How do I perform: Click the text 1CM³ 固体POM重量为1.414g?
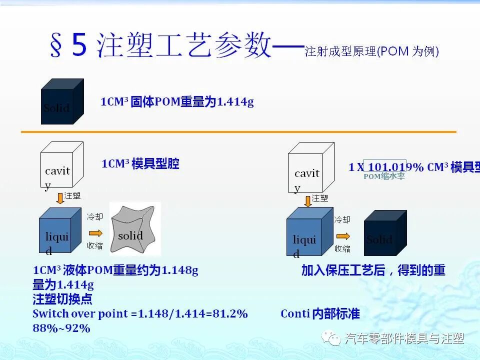tap(177, 102)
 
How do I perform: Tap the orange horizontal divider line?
tap(238, 132)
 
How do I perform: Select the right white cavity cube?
tap(308, 169)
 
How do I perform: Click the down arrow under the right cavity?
tap(307, 200)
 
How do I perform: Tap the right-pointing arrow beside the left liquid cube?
tap(95, 232)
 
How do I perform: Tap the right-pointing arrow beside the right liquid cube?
tap(343, 235)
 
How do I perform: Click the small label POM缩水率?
tap(384, 176)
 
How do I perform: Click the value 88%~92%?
tap(61, 328)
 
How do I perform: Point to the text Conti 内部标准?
tap(320, 314)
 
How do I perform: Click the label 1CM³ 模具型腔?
tap(140, 164)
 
